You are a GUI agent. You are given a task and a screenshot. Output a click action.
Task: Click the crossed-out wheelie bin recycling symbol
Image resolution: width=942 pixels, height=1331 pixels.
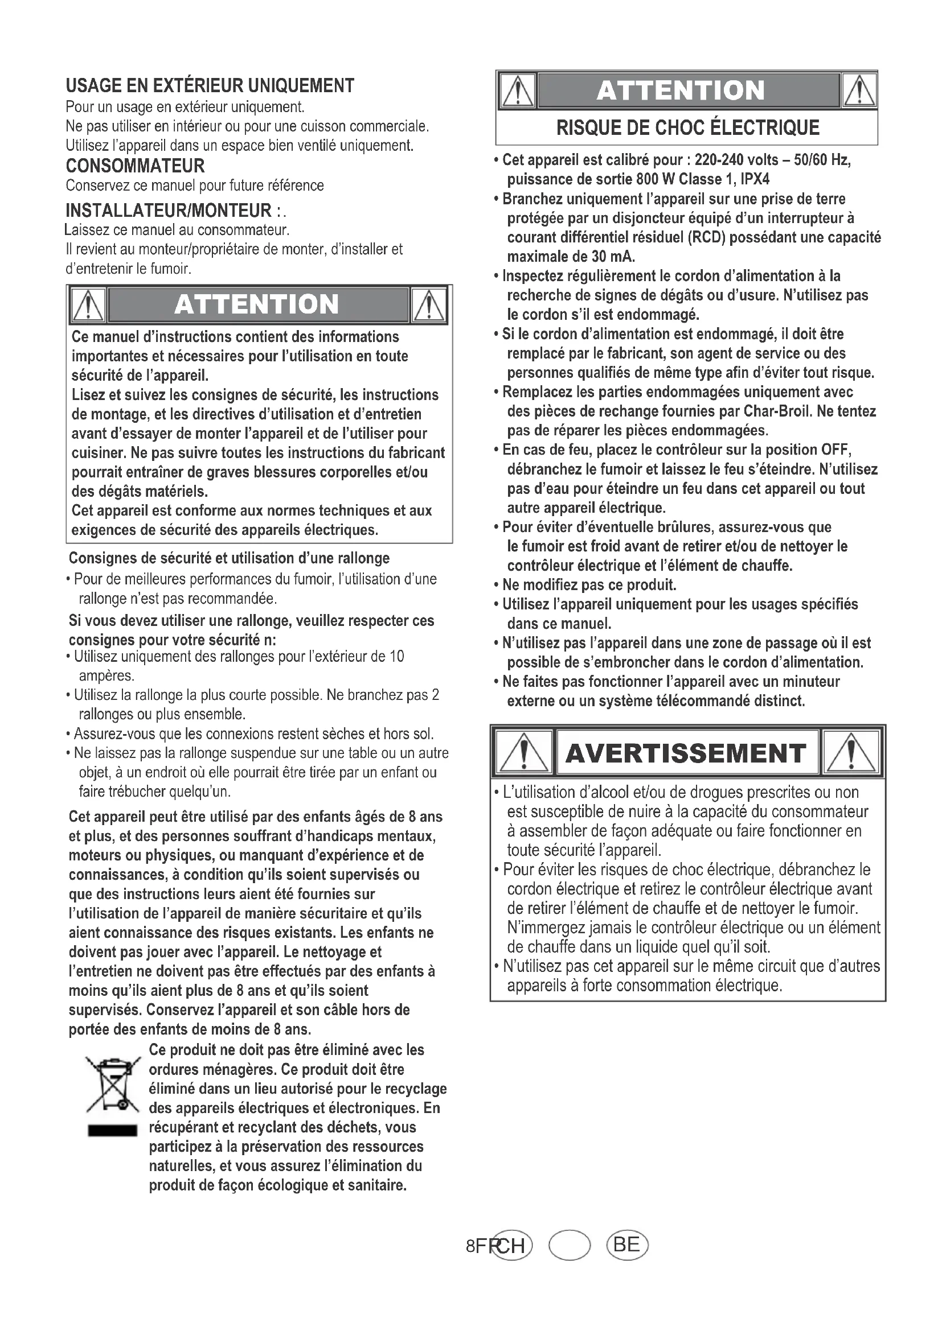(x=113, y=1085)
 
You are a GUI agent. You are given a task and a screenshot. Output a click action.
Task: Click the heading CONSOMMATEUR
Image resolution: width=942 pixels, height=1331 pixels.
(x=135, y=166)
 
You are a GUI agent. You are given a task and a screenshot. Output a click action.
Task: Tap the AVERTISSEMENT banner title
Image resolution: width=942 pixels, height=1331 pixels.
(x=685, y=753)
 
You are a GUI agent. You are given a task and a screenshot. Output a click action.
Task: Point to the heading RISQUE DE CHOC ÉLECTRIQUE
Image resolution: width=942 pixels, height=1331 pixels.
(x=687, y=127)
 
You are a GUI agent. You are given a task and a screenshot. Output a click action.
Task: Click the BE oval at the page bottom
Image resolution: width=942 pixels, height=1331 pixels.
(x=626, y=1244)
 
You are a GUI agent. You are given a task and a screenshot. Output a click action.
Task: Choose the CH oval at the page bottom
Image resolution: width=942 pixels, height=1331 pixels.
(x=511, y=1245)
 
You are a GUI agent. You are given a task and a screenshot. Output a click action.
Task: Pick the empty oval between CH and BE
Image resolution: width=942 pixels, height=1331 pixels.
(x=570, y=1245)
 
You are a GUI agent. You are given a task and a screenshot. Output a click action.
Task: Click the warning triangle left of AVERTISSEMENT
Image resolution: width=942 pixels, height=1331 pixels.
(x=524, y=753)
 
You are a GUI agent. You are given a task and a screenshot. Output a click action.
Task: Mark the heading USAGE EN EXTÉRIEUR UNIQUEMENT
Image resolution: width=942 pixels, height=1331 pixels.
(x=210, y=86)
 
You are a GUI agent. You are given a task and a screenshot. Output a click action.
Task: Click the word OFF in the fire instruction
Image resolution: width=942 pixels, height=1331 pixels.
(x=835, y=450)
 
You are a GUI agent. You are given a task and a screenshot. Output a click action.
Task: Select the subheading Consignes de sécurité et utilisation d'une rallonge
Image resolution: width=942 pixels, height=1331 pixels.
(x=229, y=558)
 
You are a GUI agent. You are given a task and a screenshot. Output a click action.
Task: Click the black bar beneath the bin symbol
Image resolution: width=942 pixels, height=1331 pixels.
(x=112, y=1131)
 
